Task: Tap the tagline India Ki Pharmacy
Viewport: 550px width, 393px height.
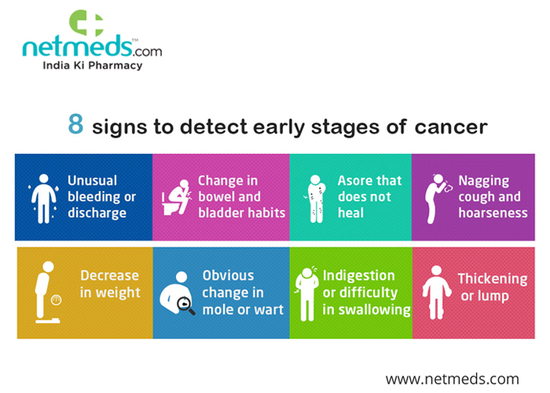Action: click(x=92, y=66)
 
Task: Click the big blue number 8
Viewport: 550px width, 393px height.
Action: click(x=75, y=127)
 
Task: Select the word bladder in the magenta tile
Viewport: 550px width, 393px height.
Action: click(x=222, y=212)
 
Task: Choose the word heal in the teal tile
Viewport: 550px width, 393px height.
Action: click(x=351, y=212)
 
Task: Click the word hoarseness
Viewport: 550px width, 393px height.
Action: click(x=493, y=212)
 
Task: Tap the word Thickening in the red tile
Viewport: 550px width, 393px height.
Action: click(x=493, y=279)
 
